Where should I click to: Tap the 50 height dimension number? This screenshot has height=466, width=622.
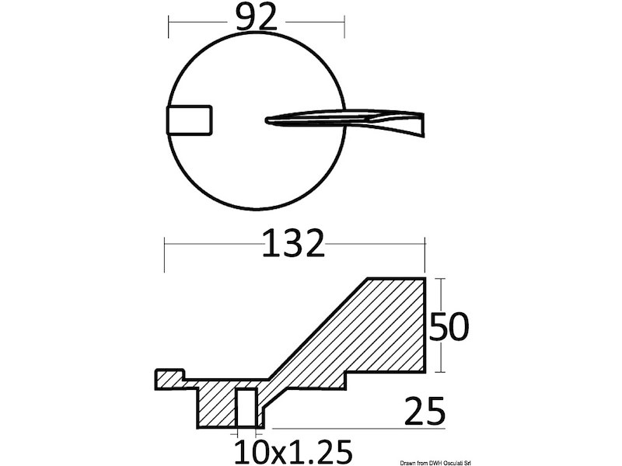pyautogui.click(x=449, y=328)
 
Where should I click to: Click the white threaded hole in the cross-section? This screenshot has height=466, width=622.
pyautogui.click(x=246, y=407)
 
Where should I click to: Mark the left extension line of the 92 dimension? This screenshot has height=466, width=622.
pyautogui.click(x=169, y=26)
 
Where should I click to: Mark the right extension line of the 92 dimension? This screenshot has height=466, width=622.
pyautogui.click(x=344, y=26)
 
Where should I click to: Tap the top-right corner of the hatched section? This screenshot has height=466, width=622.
pyautogui.click(x=425, y=278)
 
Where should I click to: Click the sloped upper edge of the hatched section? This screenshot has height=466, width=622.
pyautogui.click(x=319, y=326)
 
